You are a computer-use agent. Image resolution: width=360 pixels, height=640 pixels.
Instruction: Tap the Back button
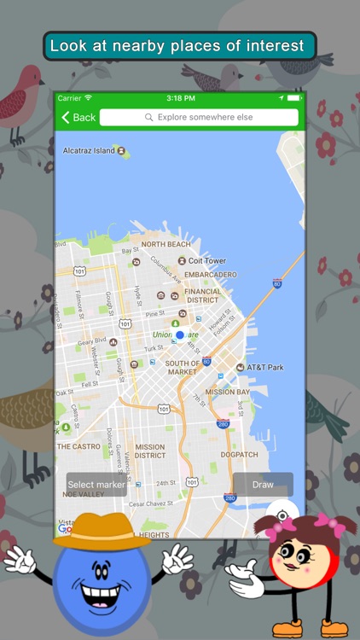[x=78, y=117]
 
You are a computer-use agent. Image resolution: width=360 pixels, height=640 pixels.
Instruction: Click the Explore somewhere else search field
[x=199, y=117]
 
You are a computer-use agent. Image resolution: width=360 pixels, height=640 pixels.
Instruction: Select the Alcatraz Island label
[x=89, y=151]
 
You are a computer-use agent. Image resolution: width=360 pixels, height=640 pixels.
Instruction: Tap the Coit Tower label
[x=207, y=261]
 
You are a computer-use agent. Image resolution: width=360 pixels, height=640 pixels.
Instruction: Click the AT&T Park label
[x=265, y=367]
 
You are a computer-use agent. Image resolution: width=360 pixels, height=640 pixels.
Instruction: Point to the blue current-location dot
[x=179, y=335]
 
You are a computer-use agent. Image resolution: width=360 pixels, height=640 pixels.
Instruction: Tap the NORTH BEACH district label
[x=165, y=244]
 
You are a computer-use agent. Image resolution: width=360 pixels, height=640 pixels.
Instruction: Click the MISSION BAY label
[x=228, y=393]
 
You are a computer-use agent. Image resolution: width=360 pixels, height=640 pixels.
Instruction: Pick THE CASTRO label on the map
[x=78, y=446]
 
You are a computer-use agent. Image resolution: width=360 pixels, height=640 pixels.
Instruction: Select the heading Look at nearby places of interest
[x=179, y=46]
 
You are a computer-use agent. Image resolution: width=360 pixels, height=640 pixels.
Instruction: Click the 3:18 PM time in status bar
[x=180, y=98]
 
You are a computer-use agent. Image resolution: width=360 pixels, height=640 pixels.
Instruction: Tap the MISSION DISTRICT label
[x=149, y=451]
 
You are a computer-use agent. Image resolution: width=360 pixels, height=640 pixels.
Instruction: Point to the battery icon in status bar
[x=293, y=98]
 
